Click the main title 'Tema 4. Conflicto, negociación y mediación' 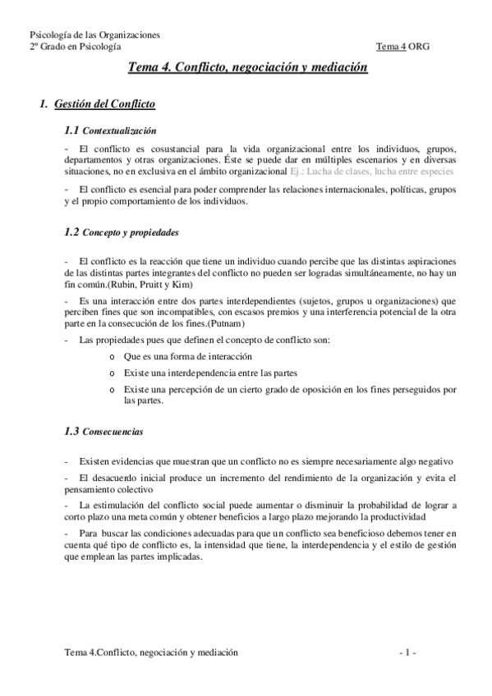(247, 71)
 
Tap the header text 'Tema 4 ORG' (402, 46)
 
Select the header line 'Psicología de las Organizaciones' (94, 34)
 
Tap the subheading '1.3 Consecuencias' (103, 431)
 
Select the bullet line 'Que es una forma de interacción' (187, 357)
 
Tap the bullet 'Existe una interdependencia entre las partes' (210, 373)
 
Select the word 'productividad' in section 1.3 (395, 518)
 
